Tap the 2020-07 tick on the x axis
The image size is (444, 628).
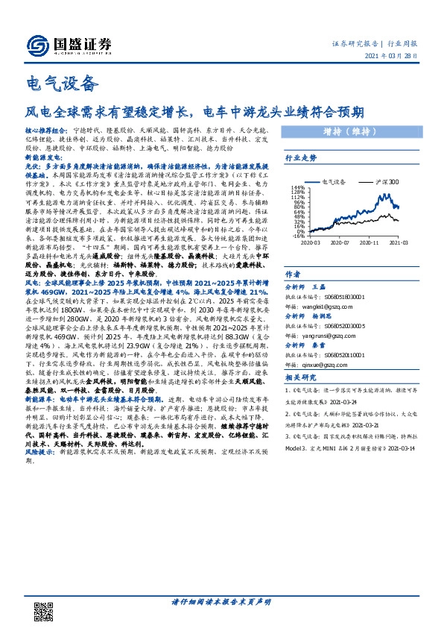click(340, 242)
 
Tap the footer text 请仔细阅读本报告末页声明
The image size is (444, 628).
click(221, 601)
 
